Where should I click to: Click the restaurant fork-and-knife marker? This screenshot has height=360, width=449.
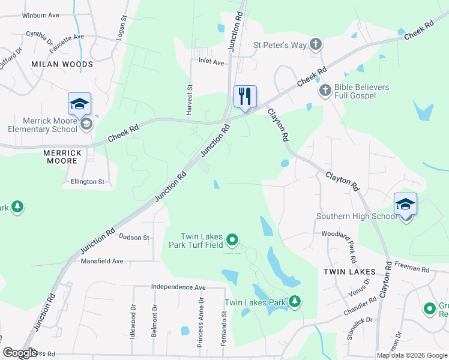point(245,97)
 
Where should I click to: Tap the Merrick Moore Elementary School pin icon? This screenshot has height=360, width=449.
point(79,104)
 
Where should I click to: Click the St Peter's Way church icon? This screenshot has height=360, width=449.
point(316,44)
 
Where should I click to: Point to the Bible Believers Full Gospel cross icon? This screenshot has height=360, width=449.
point(325,91)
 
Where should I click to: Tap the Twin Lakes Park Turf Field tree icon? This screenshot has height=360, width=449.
point(232,241)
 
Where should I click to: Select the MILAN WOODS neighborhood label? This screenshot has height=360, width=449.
point(62,64)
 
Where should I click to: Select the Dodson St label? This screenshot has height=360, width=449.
point(134,238)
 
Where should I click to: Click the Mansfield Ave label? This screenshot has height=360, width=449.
point(101,261)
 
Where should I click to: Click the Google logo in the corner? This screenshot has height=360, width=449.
point(19,353)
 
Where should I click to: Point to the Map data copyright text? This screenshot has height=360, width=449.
point(412,355)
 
